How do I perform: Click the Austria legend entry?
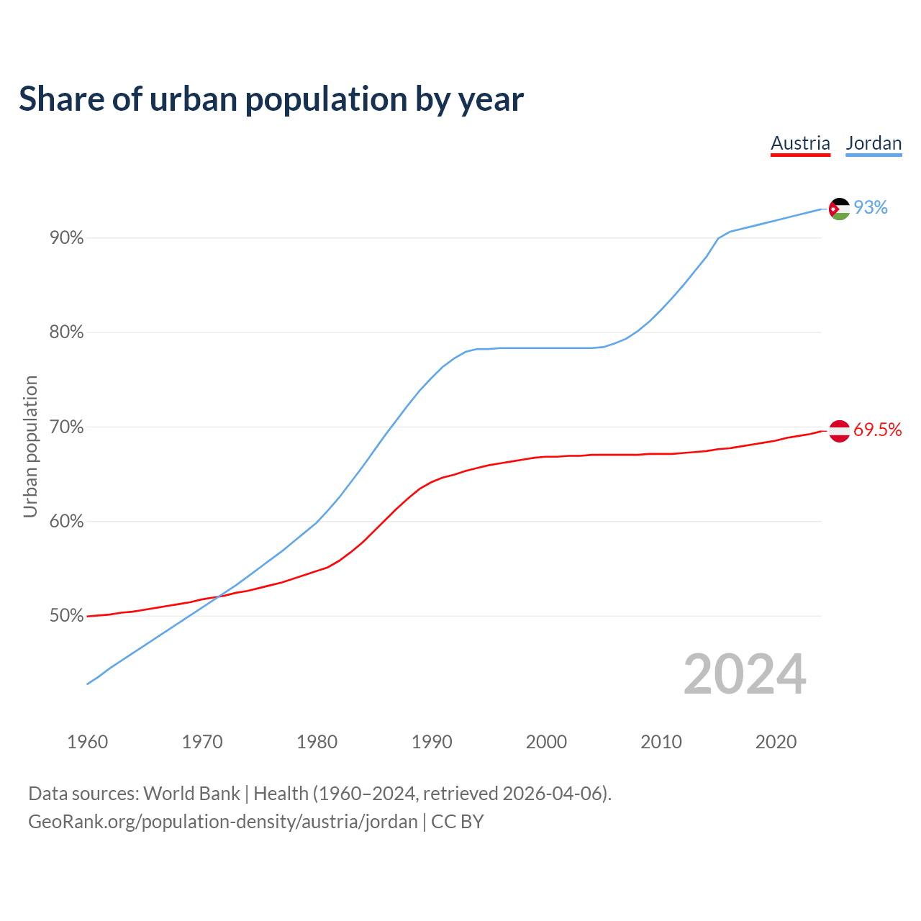click(800, 143)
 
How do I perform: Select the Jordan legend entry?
click(874, 143)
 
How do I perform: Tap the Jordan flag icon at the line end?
click(839, 209)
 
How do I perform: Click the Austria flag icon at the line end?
click(839, 431)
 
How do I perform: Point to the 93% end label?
click(871, 208)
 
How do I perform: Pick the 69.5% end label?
click(877, 430)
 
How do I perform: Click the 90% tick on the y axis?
click(67, 238)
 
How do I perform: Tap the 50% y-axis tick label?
click(67, 616)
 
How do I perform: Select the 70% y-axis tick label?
click(67, 427)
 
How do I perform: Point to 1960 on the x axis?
click(88, 742)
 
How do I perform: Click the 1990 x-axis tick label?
click(432, 742)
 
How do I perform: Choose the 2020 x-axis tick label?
click(776, 742)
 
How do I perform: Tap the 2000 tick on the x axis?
click(546, 742)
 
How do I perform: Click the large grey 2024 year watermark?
click(745, 674)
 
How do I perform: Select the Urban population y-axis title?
click(30, 446)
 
